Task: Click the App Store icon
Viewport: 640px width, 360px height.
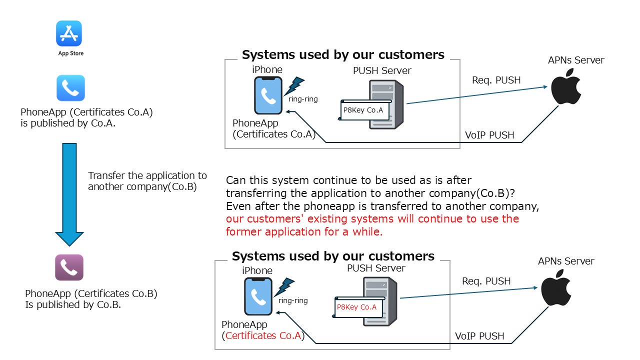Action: click(x=69, y=33)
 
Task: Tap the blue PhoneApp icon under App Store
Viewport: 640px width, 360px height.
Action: click(x=70, y=88)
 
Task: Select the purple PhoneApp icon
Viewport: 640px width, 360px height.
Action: click(x=69, y=267)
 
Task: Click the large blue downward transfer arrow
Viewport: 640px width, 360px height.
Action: click(x=69, y=194)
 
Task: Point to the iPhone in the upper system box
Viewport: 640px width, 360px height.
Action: click(x=268, y=95)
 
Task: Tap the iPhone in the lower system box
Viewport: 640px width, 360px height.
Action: click(x=258, y=296)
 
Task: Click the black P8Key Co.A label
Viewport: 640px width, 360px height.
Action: click(x=363, y=110)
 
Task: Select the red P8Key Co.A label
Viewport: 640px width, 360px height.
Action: click(x=356, y=307)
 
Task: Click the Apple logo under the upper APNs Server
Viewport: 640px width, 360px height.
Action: click(x=565, y=86)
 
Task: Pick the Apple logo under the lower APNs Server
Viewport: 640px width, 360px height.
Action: click(x=556, y=287)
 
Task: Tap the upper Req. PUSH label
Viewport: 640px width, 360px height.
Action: click(x=496, y=80)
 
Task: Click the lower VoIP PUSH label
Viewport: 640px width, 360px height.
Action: click(x=479, y=336)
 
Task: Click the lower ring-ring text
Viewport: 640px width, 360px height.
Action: click(x=293, y=300)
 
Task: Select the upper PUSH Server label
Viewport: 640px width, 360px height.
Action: click(x=382, y=70)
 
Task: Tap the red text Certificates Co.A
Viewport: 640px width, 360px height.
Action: click(x=263, y=335)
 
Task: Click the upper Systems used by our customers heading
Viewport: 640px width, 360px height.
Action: click(x=343, y=54)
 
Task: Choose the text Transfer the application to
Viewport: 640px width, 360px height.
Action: click(x=147, y=175)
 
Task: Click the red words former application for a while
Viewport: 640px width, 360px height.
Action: click(x=304, y=231)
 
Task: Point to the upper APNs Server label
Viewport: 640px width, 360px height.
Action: click(x=576, y=60)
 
